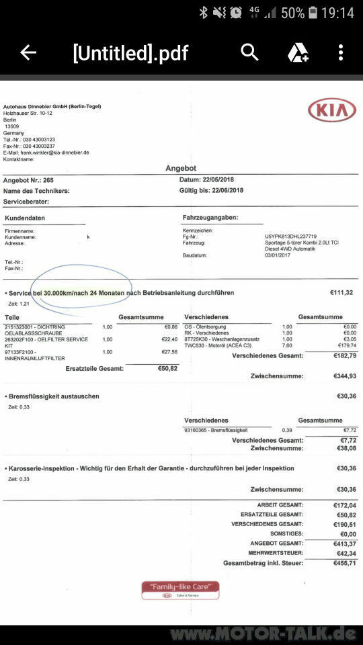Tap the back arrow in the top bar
28,52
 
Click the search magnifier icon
249,52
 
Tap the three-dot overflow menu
341,52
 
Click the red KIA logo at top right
332,110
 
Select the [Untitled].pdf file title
130,52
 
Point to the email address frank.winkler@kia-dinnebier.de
47,153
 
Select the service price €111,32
341,293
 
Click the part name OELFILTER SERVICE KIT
46,342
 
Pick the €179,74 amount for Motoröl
347,345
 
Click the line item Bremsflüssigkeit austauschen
52,396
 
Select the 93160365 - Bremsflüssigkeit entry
215,429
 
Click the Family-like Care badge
180,590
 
